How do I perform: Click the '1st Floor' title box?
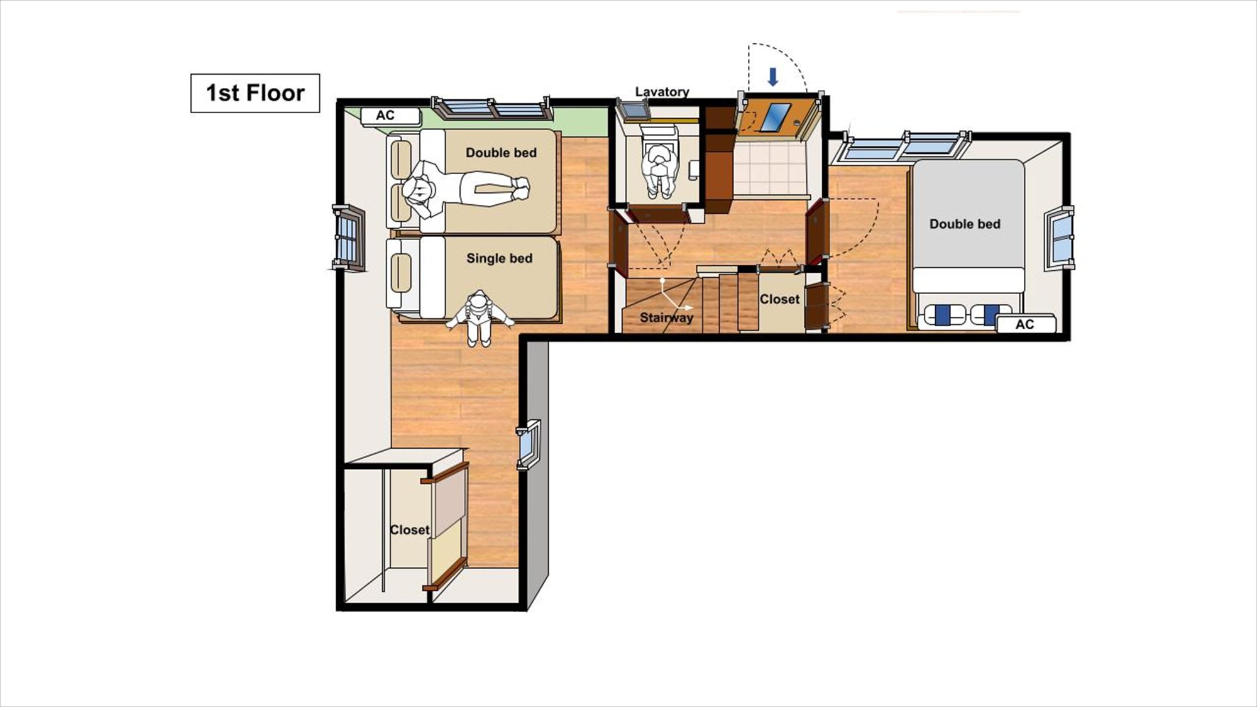(x=255, y=93)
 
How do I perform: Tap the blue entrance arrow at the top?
(x=773, y=77)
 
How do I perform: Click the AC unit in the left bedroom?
(x=390, y=116)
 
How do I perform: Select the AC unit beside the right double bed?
(x=1026, y=324)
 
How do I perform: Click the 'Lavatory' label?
(x=662, y=92)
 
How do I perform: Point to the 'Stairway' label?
(x=666, y=317)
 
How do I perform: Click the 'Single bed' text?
(x=499, y=258)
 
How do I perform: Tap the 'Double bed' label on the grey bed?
(x=965, y=224)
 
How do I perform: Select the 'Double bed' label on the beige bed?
(x=501, y=153)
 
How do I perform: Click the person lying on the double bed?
(x=465, y=189)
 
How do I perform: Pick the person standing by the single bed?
(x=480, y=318)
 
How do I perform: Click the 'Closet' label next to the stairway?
(x=779, y=300)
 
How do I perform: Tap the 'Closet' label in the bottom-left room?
(x=409, y=530)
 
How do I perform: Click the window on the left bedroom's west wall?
(x=349, y=238)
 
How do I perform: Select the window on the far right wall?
(x=1060, y=238)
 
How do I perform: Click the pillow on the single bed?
(x=401, y=273)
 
